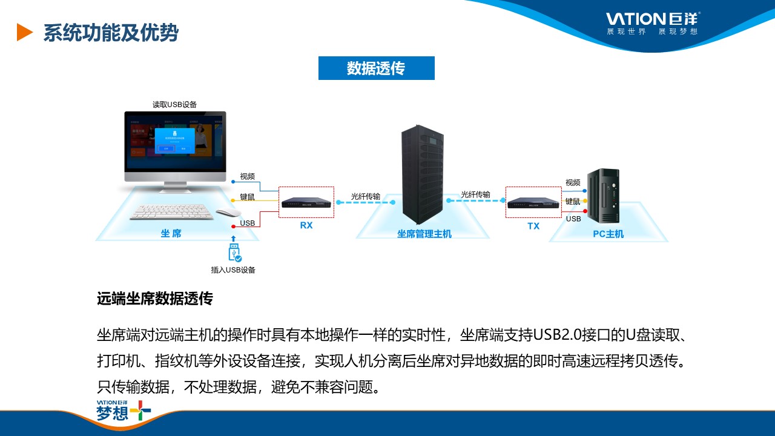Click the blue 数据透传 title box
tap(376, 68)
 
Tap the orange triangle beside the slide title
tap(24, 32)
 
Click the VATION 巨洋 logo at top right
tap(653, 23)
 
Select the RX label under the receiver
tap(306, 225)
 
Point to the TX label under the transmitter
tap(533, 226)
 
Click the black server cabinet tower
tap(423, 174)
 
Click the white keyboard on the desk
tap(172, 212)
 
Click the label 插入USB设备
tap(233, 270)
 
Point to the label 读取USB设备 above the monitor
tap(174, 105)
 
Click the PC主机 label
tap(608, 234)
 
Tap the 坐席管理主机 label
tap(424, 234)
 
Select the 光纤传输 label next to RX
tap(366, 196)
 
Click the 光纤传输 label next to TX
tap(475, 194)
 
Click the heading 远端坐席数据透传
tap(154, 299)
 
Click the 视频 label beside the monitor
tap(248, 176)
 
